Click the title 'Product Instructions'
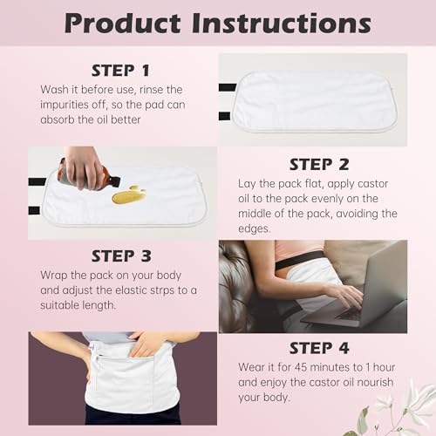[x=218, y=23]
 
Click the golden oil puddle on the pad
[x=128, y=194]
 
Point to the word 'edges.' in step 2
[x=258, y=228]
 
